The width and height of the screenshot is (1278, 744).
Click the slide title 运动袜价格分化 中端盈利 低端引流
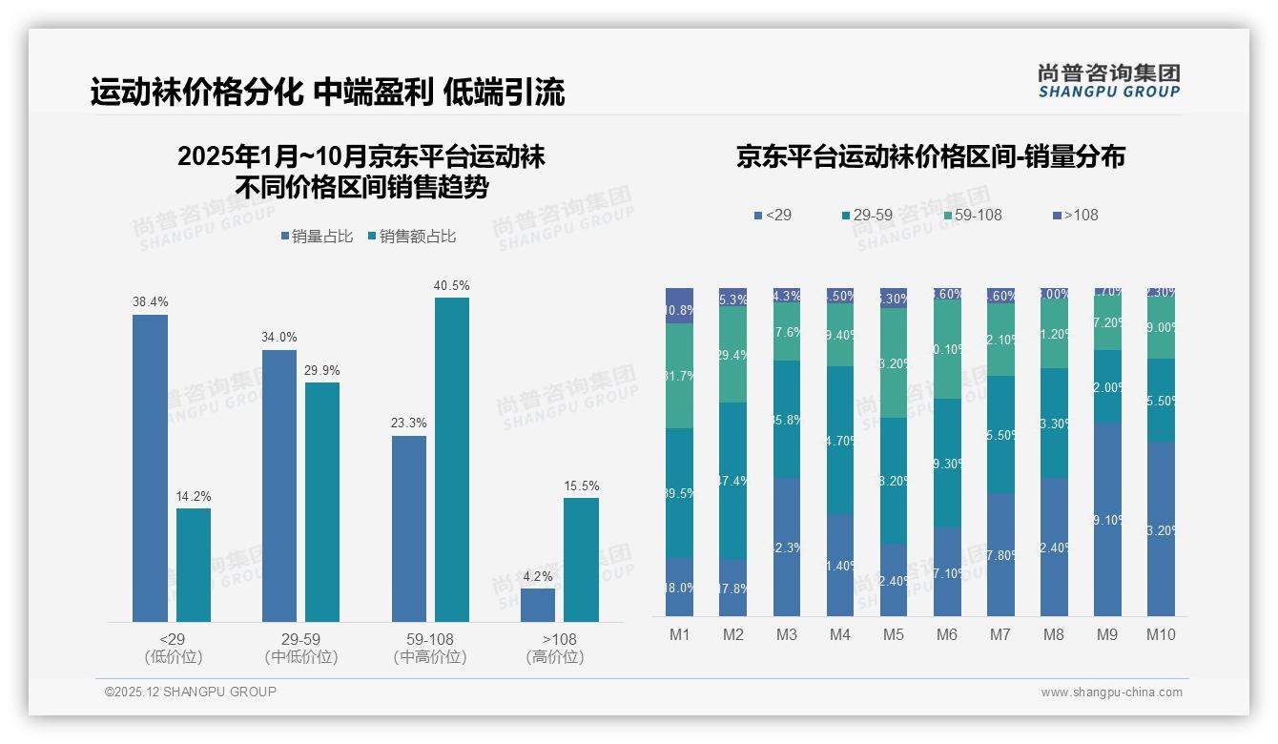[x=327, y=92]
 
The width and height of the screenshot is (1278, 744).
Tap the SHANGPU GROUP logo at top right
[x=1108, y=80]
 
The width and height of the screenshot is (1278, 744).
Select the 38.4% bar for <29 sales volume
[x=150, y=467]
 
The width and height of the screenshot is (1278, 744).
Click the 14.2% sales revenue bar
[x=194, y=565]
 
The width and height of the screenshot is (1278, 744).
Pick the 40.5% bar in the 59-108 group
[x=452, y=459]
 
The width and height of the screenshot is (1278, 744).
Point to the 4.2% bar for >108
[x=538, y=605]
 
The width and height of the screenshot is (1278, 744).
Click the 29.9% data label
[x=322, y=370]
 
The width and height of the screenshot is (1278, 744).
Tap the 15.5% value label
[x=581, y=486]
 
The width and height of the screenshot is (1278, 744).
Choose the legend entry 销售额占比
[x=411, y=237]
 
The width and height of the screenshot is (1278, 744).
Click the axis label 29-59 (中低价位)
[x=300, y=648]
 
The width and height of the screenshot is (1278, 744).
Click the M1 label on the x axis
[x=679, y=634]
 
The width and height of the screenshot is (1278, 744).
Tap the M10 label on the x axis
[x=1161, y=634]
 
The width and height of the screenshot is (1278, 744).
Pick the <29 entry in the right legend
[x=773, y=215]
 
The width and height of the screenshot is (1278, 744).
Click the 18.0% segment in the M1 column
[x=679, y=587]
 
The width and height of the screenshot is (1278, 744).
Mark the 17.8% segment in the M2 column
[x=732, y=588]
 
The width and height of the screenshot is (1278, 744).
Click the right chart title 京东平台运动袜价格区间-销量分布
[x=930, y=156]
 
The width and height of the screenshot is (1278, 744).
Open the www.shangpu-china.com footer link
[x=1111, y=692]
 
